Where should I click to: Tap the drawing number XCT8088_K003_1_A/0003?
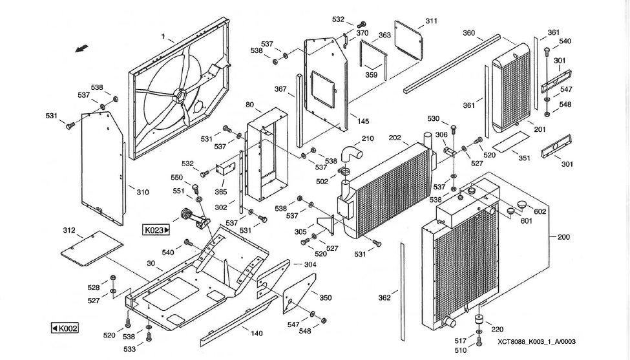pyautogui.click(x=536, y=342)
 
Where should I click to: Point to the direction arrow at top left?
pyautogui.click(x=81, y=48)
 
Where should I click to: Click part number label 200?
pyautogui.click(x=563, y=237)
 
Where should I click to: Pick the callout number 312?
pyautogui.click(x=69, y=230)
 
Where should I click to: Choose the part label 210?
pyautogui.click(x=368, y=138)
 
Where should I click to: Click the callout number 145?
pyautogui.click(x=363, y=122)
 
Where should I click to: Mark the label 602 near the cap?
pyautogui.click(x=540, y=211)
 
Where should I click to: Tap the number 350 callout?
pyautogui.click(x=325, y=298)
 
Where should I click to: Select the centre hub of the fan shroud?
pyautogui.click(x=179, y=95)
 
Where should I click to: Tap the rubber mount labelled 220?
pyautogui.click(x=479, y=321)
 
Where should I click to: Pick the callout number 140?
pyautogui.click(x=257, y=334)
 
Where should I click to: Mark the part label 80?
pyautogui.click(x=250, y=105)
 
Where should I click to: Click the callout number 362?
pyautogui.click(x=384, y=298)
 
